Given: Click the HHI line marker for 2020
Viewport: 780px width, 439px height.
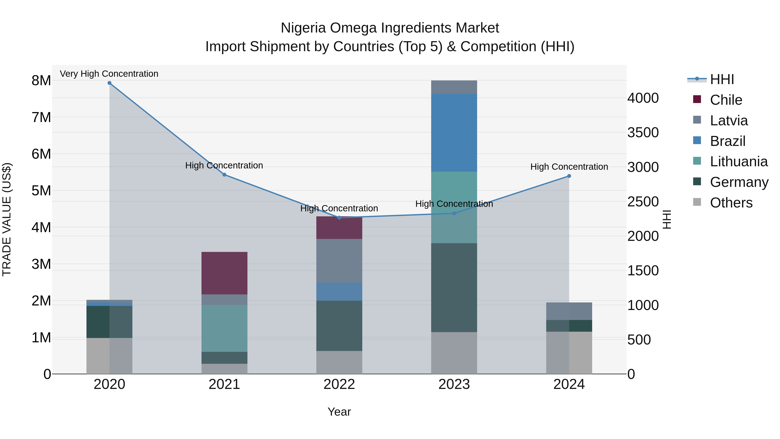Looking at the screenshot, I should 109,83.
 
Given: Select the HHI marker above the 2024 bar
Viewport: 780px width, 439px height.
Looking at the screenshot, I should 569,176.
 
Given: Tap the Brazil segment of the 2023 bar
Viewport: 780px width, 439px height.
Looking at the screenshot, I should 454,133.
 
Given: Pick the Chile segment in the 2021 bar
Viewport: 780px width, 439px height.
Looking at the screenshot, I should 224,273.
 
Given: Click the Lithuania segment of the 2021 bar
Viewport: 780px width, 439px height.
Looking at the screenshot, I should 224,328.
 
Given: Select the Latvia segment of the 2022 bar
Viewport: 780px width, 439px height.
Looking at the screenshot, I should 339,261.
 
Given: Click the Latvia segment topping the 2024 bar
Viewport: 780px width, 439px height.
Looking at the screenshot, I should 569,311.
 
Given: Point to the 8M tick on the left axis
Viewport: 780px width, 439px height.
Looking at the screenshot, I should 41,81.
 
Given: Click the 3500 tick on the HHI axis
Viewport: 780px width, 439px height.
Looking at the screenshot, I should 643,133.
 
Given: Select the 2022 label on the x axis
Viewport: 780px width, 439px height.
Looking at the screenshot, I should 339,384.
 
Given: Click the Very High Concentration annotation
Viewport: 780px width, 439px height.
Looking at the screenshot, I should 109,74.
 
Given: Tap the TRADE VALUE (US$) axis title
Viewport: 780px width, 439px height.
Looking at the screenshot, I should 7,219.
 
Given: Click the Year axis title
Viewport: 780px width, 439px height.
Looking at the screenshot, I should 339,412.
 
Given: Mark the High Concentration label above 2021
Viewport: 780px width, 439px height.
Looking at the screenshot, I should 224,165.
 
